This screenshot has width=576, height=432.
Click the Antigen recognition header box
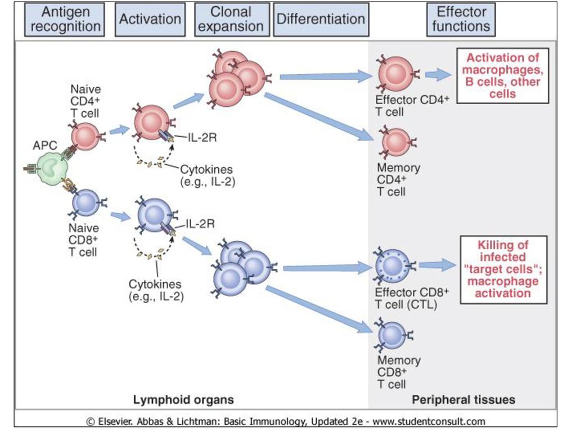pyautogui.click(x=64, y=20)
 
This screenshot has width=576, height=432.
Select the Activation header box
pyautogui.click(x=150, y=20)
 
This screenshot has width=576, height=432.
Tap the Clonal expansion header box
pyautogui.click(x=232, y=20)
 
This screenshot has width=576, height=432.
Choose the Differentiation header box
pyautogui.click(x=321, y=20)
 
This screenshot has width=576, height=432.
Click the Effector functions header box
pyautogui.click(x=461, y=20)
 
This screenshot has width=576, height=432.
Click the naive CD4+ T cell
pyautogui.click(x=85, y=137)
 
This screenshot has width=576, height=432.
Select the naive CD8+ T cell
pyautogui.click(x=85, y=203)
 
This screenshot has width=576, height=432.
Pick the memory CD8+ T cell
pyautogui.click(x=392, y=335)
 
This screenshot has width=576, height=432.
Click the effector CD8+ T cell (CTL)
pyautogui.click(x=393, y=265)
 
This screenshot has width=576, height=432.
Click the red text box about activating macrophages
pyautogui.click(x=502, y=76)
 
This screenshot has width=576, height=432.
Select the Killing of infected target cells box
pyautogui.click(x=503, y=269)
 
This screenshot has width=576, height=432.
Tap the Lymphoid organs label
pyautogui.click(x=183, y=400)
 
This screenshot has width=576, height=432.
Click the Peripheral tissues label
pyautogui.click(x=463, y=400)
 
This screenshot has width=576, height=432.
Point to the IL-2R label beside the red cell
pyautogui.click(x=202, y=137)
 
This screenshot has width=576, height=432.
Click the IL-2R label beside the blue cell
pyautogui.click(x=200, y=224)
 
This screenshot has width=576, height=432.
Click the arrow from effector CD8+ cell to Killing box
pyautogui.click(x=438, y=265)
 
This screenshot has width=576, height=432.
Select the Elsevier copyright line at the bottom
pyautogui.click(x=286, y=421)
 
